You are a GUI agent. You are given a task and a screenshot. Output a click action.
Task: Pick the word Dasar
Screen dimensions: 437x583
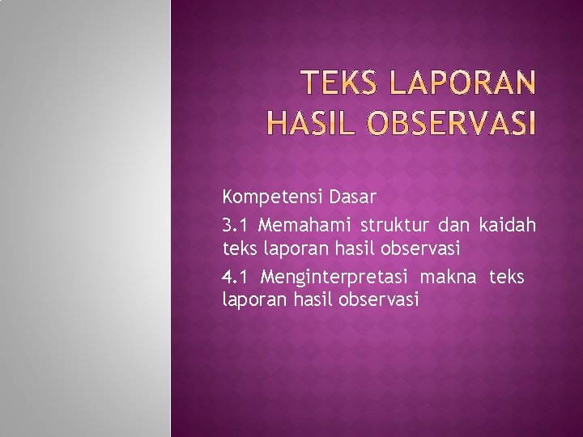point(353,197)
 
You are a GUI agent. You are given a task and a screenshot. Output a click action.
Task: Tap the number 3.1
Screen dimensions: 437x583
point(235,224)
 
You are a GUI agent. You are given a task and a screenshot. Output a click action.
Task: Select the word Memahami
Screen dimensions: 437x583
point(304,224)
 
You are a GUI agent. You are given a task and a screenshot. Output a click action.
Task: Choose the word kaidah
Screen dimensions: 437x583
point(508,224)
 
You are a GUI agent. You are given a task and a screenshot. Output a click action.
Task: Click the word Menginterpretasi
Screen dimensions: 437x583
point(336,278)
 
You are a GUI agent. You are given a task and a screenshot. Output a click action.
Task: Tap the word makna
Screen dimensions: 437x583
point(449,278)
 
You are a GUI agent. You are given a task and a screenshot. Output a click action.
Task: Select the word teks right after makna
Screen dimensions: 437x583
point(506,278)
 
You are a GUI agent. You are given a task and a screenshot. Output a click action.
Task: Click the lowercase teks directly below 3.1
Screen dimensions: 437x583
point(238,247)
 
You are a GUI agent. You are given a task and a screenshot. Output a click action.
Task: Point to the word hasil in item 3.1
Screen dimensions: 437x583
point(353,247)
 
